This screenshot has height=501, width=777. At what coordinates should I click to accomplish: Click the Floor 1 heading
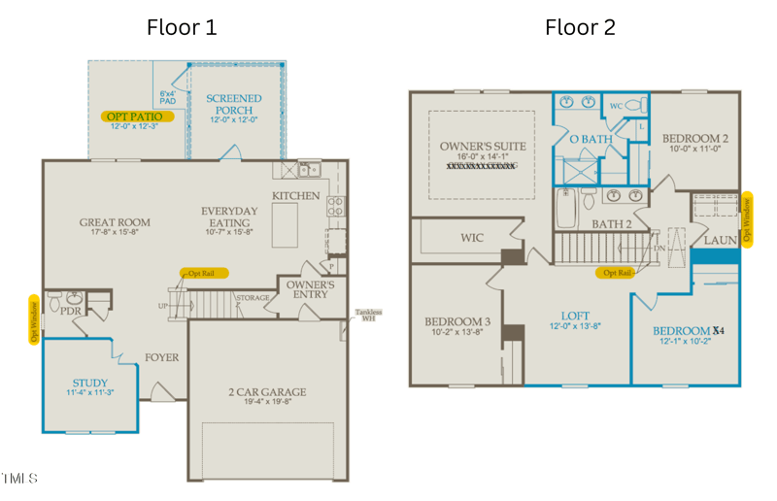(182, 27)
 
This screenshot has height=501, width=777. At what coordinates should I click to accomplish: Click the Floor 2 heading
(580, 27)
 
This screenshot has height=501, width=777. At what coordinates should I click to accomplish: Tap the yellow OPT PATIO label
(137, 117)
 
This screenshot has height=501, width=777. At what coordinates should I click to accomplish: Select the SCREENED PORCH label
(234, 104)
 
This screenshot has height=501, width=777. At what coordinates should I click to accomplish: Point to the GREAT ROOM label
(115, 222)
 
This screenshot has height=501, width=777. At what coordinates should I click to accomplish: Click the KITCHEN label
(295, 196)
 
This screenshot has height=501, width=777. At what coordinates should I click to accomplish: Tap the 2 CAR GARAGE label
(267, 392)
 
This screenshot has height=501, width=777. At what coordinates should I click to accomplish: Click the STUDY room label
(90, 384)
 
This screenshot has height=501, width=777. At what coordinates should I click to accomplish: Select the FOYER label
(162, 357)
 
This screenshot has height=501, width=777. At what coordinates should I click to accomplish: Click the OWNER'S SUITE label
(483, 147)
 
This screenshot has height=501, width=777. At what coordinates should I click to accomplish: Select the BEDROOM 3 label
(456, 321)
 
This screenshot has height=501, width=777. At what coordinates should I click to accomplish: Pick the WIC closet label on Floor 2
(471, 237)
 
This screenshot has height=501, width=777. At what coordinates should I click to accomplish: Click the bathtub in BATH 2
(566, 208)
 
